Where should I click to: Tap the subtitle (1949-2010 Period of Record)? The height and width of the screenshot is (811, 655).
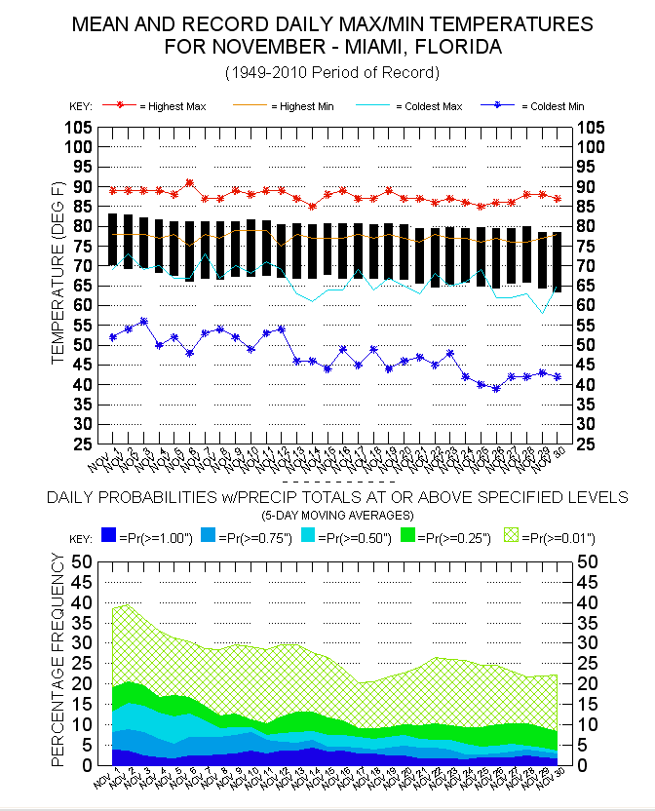(x=331, y=72)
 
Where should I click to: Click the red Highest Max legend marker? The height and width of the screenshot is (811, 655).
(x=121, y=105)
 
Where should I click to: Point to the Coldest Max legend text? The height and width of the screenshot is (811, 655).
(x=433, y=105)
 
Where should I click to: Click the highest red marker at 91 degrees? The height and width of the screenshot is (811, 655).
(x=189, y=182)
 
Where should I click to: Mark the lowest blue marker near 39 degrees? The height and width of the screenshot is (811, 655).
(x=496, y=388)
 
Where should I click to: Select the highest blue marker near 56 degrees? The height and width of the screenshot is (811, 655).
(x=143, y=321)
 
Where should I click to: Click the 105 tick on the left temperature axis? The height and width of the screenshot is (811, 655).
(x=79, y=128)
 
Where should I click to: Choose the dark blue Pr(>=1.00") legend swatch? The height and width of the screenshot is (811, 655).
(x=108, y=536)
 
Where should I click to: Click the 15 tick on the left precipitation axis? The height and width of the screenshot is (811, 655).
(x=81, y=705)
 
